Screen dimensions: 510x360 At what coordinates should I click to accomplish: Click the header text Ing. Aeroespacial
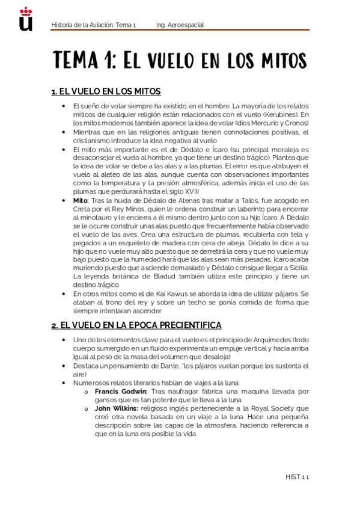click(180, 25)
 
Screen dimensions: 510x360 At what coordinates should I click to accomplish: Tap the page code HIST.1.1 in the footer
click(297, 477)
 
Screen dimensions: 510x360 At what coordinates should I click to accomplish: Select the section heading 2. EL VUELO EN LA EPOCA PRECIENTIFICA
click(136, 325)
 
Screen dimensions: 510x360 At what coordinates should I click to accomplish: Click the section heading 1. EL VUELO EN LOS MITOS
click(106, 91)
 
